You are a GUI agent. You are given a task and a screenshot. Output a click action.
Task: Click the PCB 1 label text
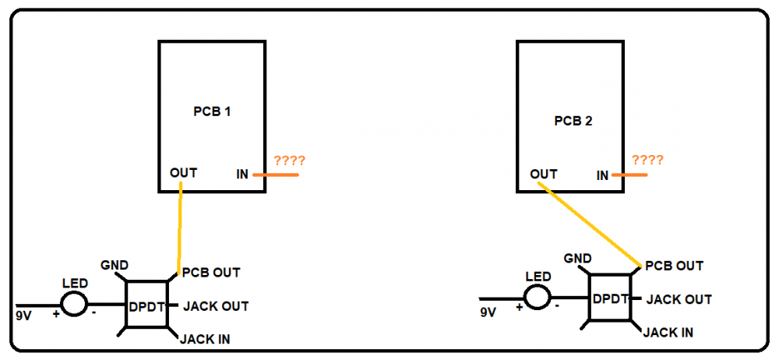point(212,111)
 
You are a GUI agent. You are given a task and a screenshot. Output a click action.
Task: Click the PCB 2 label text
point(573,121)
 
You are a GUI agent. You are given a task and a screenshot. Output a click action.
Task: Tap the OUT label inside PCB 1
point(183,172)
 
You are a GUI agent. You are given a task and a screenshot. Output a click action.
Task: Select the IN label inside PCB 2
point(602,175)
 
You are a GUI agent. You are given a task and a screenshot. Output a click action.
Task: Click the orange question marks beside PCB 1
point(289,161)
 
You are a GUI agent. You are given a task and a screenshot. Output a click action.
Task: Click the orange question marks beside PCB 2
point(647,160)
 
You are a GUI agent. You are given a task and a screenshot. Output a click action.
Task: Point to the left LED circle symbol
point(75,304)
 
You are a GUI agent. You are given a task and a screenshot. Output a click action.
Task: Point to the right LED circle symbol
point(538,296)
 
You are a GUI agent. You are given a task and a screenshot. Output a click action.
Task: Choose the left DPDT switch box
point(146,305)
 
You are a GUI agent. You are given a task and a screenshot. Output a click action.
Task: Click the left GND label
point(115,266)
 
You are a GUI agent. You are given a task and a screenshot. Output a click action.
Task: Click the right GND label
point(577,258)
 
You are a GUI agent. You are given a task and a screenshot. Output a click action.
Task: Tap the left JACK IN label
point(204,339)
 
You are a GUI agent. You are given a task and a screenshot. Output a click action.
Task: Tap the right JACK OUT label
point(679,299)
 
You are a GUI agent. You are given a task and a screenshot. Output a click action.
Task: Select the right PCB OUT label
point(675,266)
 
